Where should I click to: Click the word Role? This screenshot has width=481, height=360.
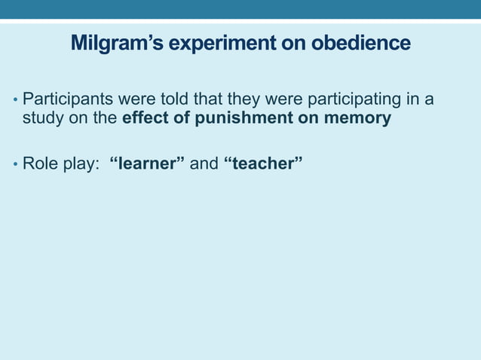coord(39,163)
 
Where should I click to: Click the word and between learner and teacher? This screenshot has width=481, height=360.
coord(204,163)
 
